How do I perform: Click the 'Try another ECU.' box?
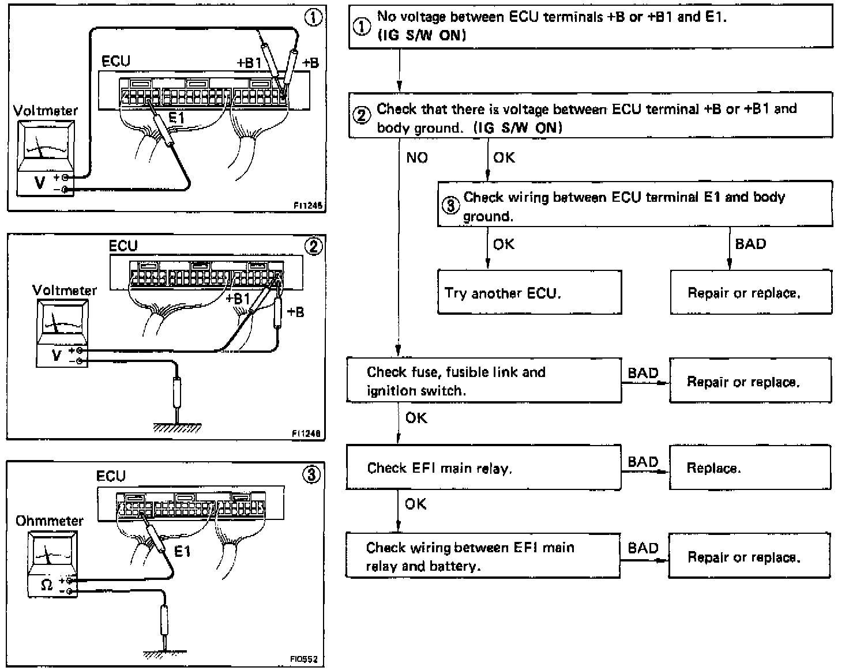tap(529, 292)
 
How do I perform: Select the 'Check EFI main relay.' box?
tap(483, 468)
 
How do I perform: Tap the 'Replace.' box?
tap(749, 468)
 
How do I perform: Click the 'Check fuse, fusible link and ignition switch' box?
tap(483, 380)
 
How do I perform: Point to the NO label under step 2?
tap(417, 157)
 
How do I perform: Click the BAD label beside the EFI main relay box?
tap(643, 462)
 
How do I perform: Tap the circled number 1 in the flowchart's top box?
tap(362, 27)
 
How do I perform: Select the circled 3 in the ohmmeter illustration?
tap(311, 475)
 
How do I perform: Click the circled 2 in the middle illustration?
tap(313, 247)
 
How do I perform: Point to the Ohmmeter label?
tap(49, 521)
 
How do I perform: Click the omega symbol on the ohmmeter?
tap(47, 585)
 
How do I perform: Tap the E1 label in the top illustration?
tap(176, 118)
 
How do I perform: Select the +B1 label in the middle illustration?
tap(237, 298)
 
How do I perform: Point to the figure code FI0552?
tap(304, 659)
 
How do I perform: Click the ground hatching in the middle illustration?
tap(177, 428)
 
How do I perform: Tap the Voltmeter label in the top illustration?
tap(45, 110)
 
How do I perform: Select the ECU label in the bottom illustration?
tap(111, 476)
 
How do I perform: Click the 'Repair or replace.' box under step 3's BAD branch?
tap(750, 292)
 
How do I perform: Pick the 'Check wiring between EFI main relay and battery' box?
tap(483, 556)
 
